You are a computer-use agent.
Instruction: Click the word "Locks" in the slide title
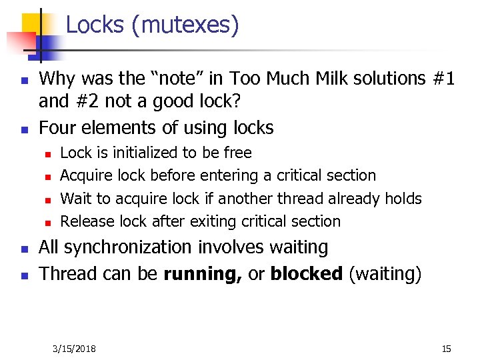[95, 25]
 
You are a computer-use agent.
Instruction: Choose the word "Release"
[87, 221]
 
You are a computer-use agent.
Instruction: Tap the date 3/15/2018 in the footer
[74, 349]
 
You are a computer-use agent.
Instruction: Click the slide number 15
[446, 349]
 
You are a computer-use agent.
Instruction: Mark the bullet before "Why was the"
[23, 79]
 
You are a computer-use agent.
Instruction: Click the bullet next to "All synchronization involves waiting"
[23, 249]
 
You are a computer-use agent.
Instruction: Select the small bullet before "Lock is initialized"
[47, 154]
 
